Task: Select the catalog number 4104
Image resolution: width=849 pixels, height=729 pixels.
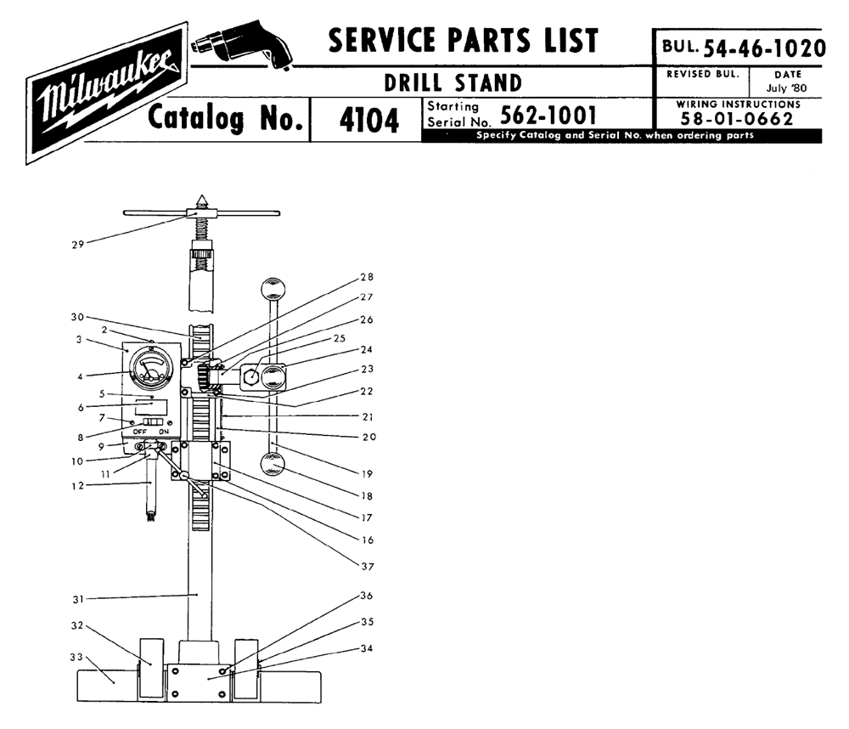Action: [x=368, y=121]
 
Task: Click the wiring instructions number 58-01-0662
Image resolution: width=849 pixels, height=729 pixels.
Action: [x=737, y=118]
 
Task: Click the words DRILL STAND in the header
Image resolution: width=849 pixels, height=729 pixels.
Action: [x=453, y=83]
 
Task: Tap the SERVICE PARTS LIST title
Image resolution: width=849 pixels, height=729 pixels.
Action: [x=463, y=41]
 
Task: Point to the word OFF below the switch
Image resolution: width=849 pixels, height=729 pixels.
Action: [x=139, y=432]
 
